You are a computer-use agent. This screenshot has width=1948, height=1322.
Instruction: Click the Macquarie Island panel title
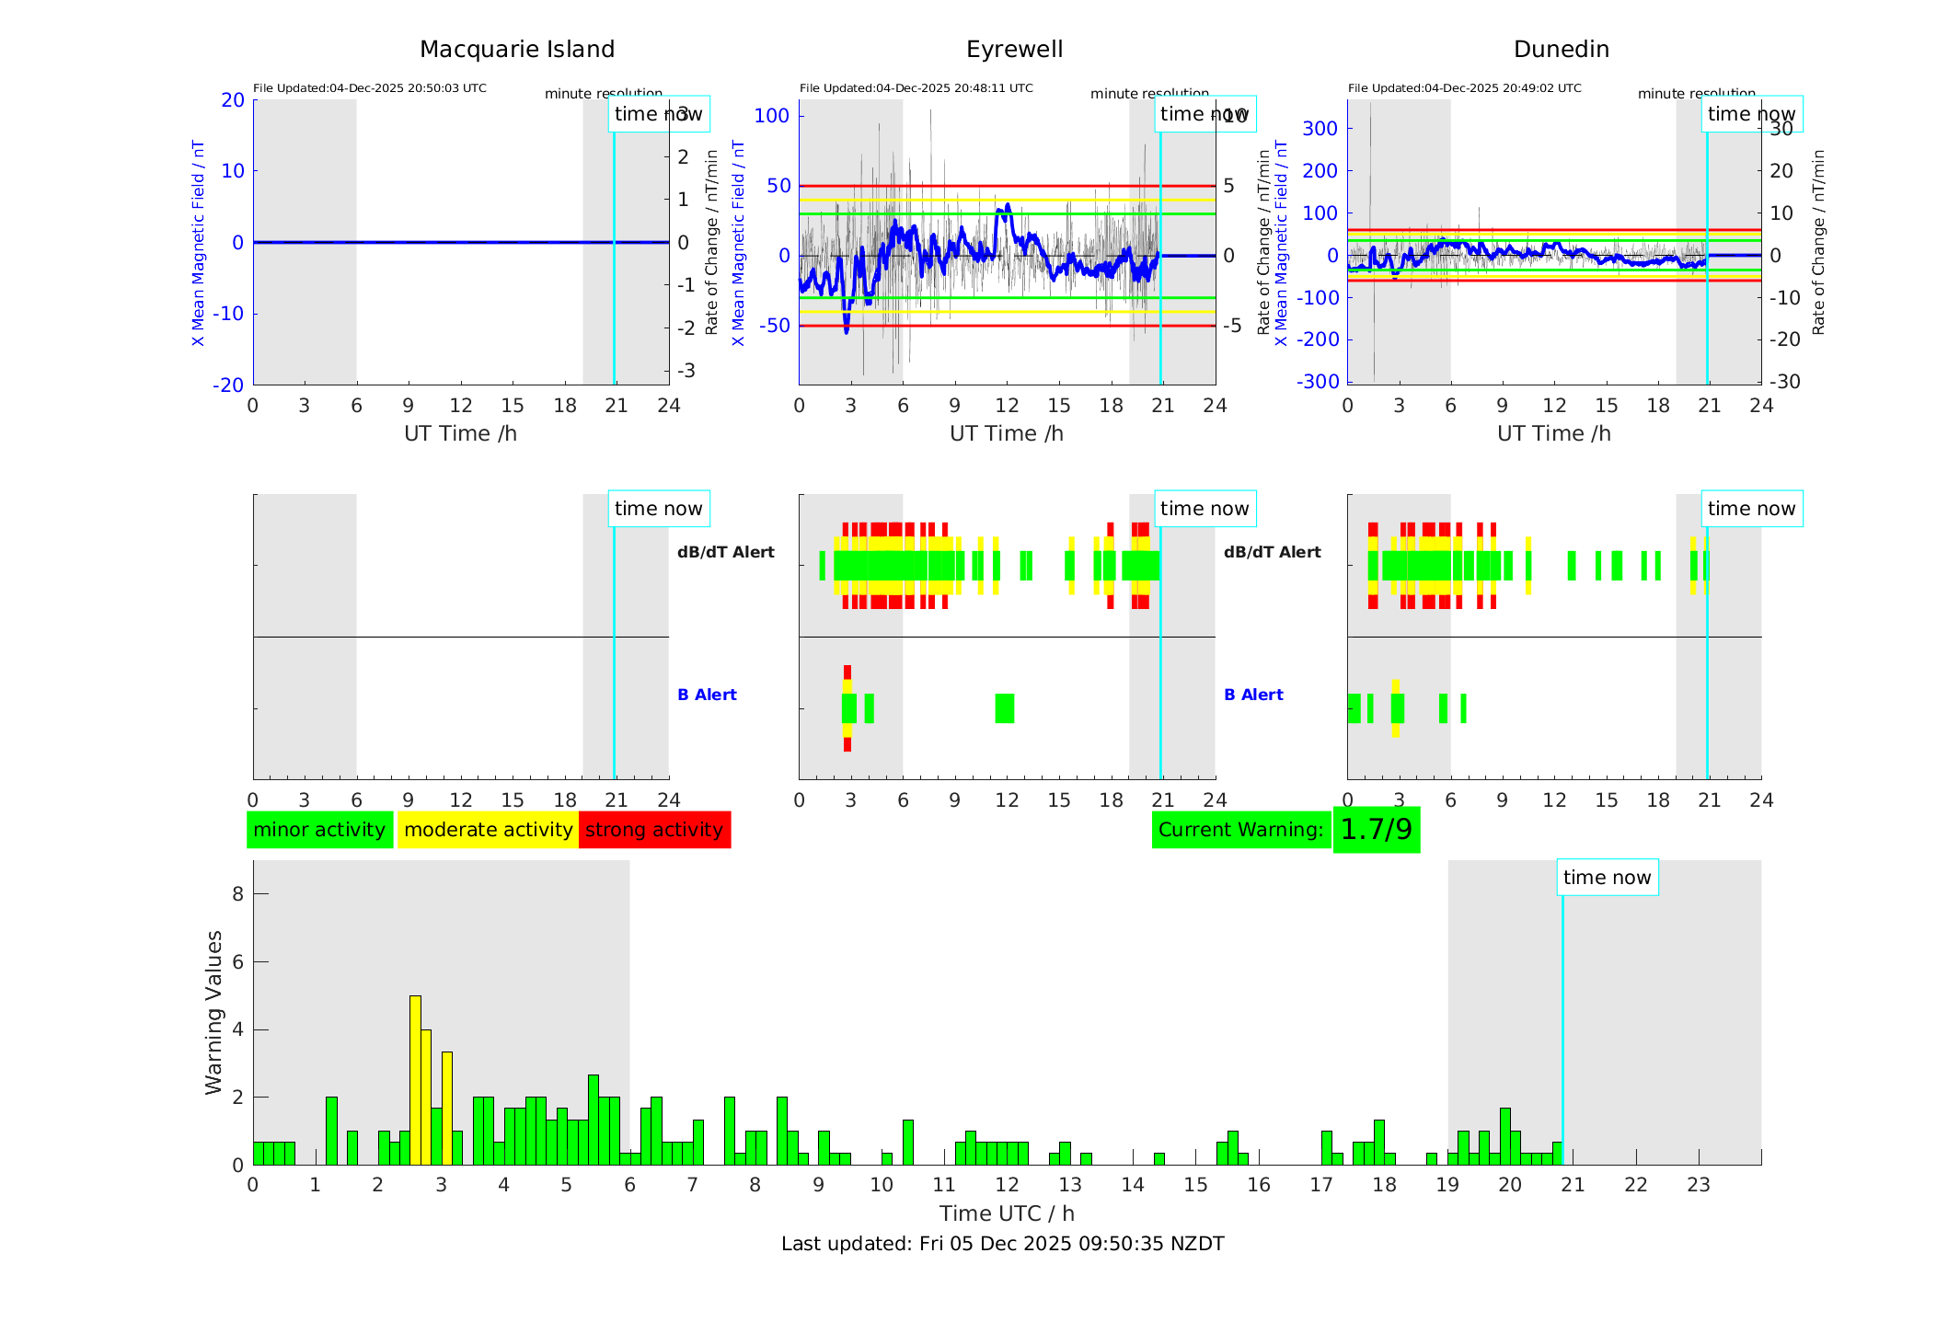click(x=516, y=50)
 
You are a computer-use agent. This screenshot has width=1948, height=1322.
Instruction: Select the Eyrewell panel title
click(x=1014, y=50)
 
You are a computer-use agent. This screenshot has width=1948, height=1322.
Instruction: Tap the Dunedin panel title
click(x=1561, y=50)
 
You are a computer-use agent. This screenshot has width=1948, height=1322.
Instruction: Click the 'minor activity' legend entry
click(x=319, y=830)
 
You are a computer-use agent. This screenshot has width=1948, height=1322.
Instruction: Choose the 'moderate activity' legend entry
click(x=488, y=830)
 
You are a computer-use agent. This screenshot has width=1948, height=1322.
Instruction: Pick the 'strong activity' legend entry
click(x=654, y=830)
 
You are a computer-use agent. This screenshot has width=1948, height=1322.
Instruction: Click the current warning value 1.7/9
click(x=1376, y=830)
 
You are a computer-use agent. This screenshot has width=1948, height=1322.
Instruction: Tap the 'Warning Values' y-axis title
click(x=213, y=1012)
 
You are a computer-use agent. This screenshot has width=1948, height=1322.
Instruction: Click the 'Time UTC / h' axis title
click(x=1007, y=1213)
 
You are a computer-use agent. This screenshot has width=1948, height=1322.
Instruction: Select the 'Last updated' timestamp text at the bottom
click(x=1002, y=1244)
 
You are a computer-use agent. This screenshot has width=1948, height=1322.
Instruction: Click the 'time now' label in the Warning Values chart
click(x=1607, y=878)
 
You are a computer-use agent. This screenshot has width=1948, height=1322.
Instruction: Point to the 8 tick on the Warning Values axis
click(x=237, y=893)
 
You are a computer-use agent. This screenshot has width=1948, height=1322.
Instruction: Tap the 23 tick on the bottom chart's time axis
click(x=1698, y=1185)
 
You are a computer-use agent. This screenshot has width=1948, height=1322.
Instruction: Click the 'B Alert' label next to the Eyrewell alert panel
click(x=707, y=695)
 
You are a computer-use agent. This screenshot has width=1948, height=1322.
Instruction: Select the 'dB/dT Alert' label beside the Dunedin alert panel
click(x=1272, y=552)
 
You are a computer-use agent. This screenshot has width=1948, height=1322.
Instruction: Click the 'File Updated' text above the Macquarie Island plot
click(x=369, y=88)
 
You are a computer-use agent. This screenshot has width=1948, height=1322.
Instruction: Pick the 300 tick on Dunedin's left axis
click(x=1320, y=128)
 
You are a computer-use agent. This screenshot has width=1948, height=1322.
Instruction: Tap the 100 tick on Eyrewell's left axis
click(x=771, y=116)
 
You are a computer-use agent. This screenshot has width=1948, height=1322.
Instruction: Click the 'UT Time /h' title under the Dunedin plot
click(x=1553, y=433)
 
